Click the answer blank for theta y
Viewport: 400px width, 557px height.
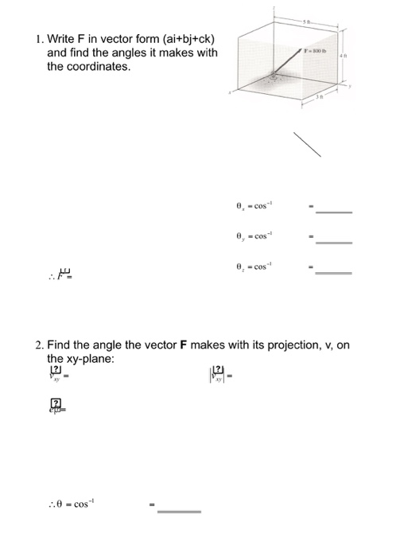click(333, 241)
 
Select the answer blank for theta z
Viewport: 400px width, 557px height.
click(333, 271)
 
